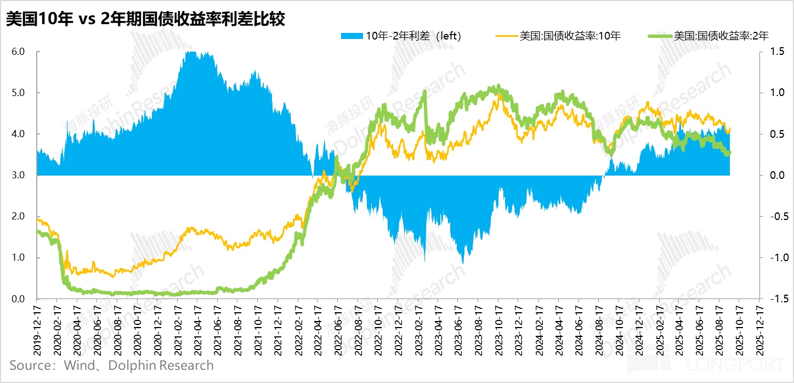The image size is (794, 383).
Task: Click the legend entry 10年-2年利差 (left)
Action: pos(413,36)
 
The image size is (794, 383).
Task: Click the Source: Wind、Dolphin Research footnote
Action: pos(111,365)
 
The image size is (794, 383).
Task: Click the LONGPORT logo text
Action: pos(735,364)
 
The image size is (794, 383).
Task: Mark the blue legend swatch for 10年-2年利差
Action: pos(351,36)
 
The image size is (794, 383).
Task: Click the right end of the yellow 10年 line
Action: pos(730,128)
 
